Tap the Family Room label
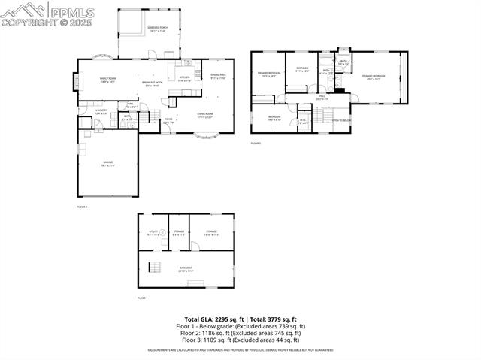pos(107,80)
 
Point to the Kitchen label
pos(184,78)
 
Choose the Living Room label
pos(205,116)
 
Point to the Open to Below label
pos(342,120)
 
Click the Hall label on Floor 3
pos(321,97)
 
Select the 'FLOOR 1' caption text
pos(142,298)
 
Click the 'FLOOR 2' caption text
pos(82,206)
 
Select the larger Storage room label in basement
pos(211,233)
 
